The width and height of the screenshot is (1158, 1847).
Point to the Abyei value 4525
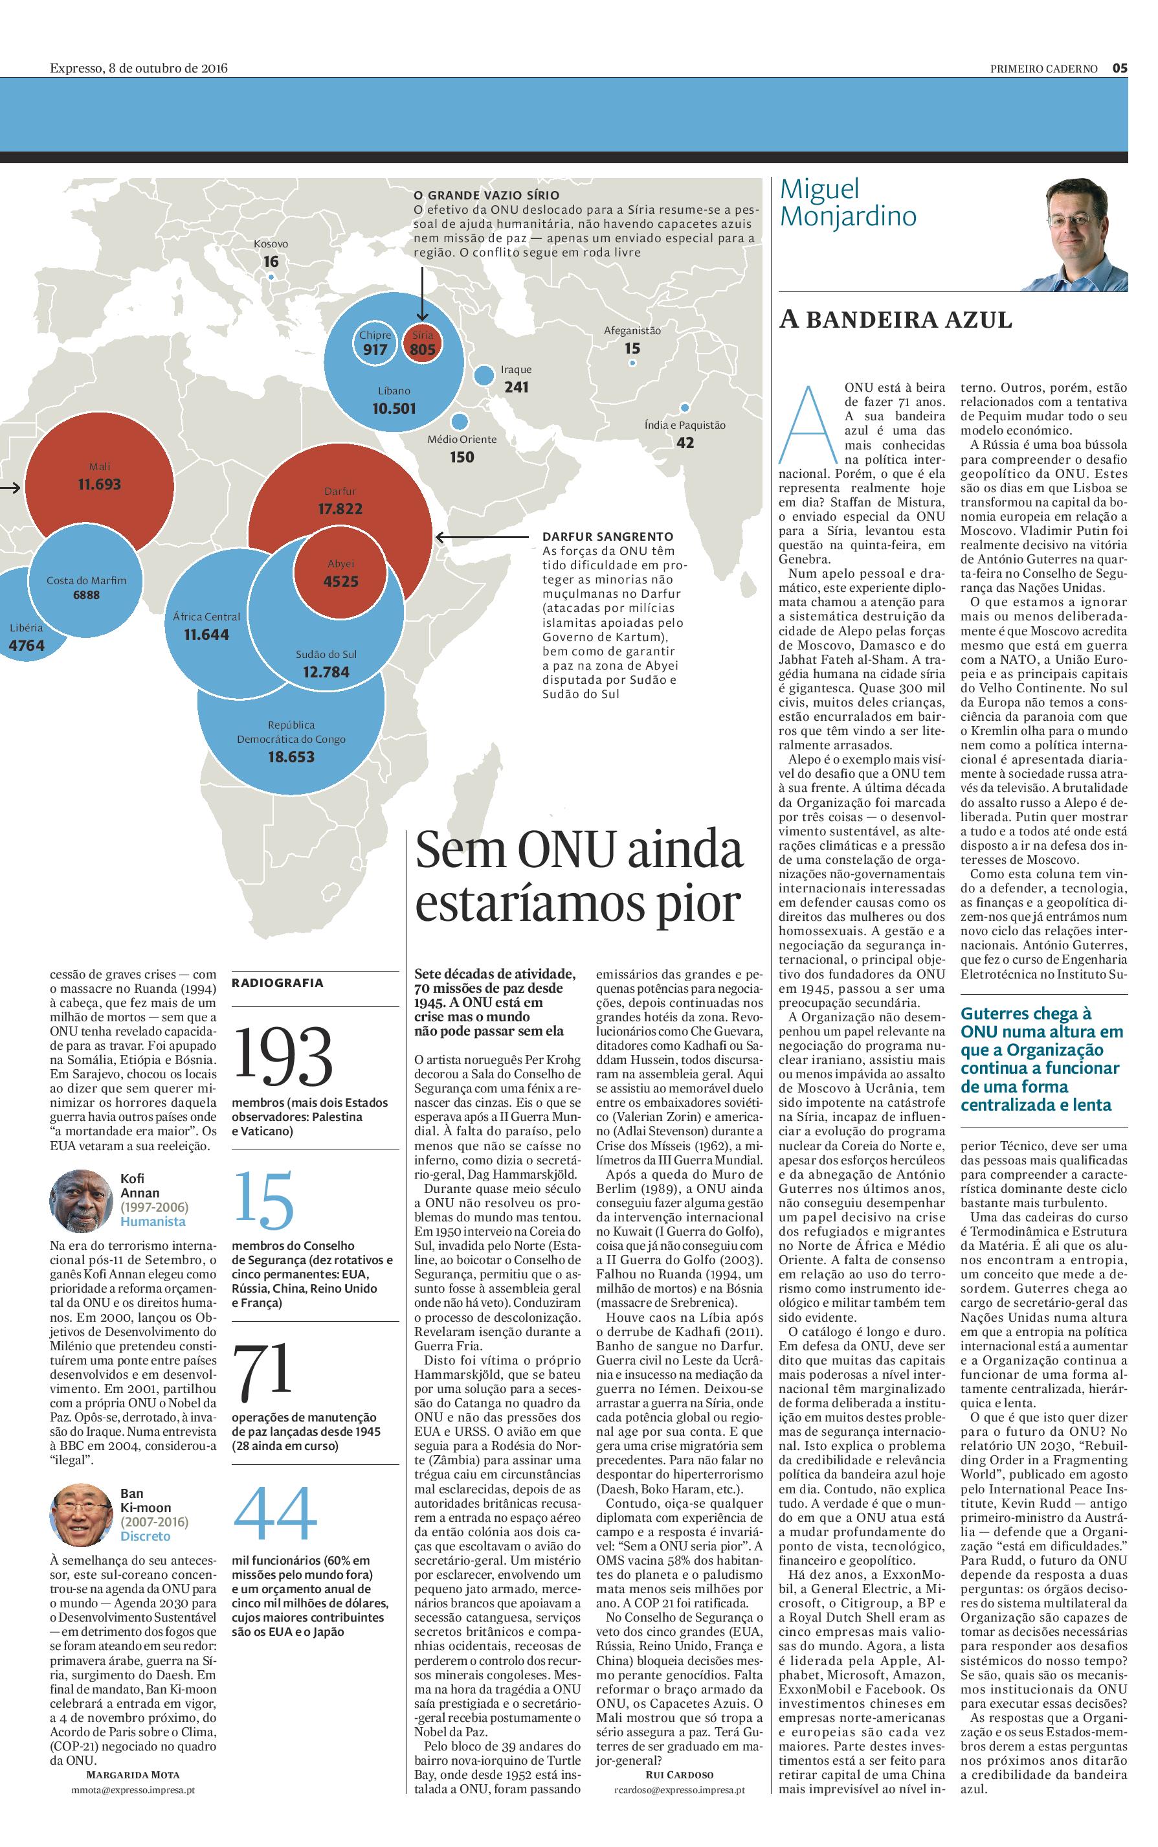tap(341, 581)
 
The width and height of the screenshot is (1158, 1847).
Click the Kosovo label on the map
tap(271, 244)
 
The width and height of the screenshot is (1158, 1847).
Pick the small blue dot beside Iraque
tap(484, 376)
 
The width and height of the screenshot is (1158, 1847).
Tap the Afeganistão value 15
tap(632, 348)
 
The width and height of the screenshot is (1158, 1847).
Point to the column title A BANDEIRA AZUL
tap(895, 319)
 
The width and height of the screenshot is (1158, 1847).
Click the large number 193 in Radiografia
tap(283, 1055)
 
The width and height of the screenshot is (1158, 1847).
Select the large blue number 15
tap(263, 1199)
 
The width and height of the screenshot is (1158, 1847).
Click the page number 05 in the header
tap(1120, 68)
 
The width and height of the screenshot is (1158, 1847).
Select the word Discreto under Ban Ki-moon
tap(146, 1536)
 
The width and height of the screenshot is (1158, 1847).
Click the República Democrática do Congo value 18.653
tap(291, 757)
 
